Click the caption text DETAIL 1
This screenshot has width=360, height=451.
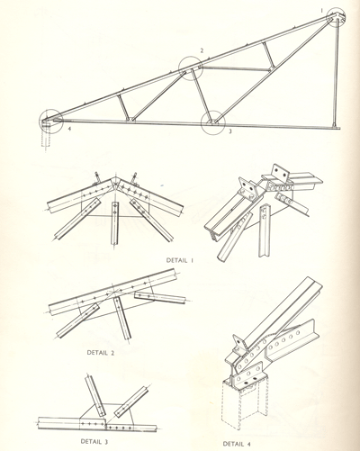coord(180,260)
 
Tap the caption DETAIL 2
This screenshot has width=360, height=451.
coord(101,352)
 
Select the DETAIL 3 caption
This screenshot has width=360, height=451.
coord(94,441)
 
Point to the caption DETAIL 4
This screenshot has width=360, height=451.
coord(237,444)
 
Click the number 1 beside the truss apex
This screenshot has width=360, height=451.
coord(321,11)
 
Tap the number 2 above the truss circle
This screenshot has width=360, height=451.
coord(202,50)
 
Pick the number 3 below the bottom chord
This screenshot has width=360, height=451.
coord(230,131)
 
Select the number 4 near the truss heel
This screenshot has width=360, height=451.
coord(69,130)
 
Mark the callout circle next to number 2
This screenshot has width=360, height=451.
coord(179,68)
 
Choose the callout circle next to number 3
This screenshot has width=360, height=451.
coord(201,123)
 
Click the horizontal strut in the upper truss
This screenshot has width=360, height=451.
coord(236,68)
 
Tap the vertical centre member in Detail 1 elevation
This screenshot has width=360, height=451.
coord(115,223)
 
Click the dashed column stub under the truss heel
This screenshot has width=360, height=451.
coord(46,140)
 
